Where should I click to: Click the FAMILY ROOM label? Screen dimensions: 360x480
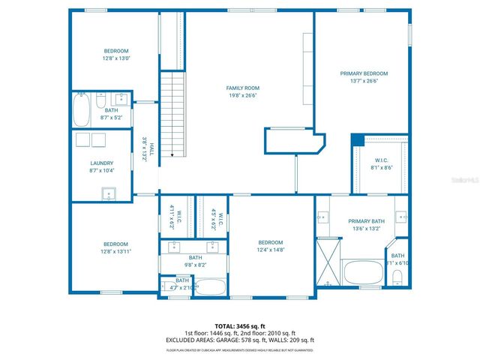(x=243, y=88)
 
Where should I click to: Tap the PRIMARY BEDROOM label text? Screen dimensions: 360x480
(x=364, y=73)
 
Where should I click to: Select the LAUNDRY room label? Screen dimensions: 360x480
(x=101, y=163)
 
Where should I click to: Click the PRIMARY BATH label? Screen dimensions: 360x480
(x=365, y=221)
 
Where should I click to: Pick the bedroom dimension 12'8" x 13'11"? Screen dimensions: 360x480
(x=115, y=251)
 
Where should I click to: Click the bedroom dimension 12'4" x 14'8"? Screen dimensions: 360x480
(x=270, y=250)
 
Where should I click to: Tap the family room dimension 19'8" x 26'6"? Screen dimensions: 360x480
(x=243, y=95)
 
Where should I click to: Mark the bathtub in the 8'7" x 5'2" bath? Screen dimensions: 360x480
(x=82, y=110)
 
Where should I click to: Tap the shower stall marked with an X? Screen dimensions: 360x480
(x=327, y=259)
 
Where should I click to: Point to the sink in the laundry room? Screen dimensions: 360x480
(x=109, y=194)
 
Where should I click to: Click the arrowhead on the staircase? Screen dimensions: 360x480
(x=172, y=155)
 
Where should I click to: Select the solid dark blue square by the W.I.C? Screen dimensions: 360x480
(x=357, y=140)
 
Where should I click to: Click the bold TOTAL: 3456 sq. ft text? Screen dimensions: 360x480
(x=239, y=325)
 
